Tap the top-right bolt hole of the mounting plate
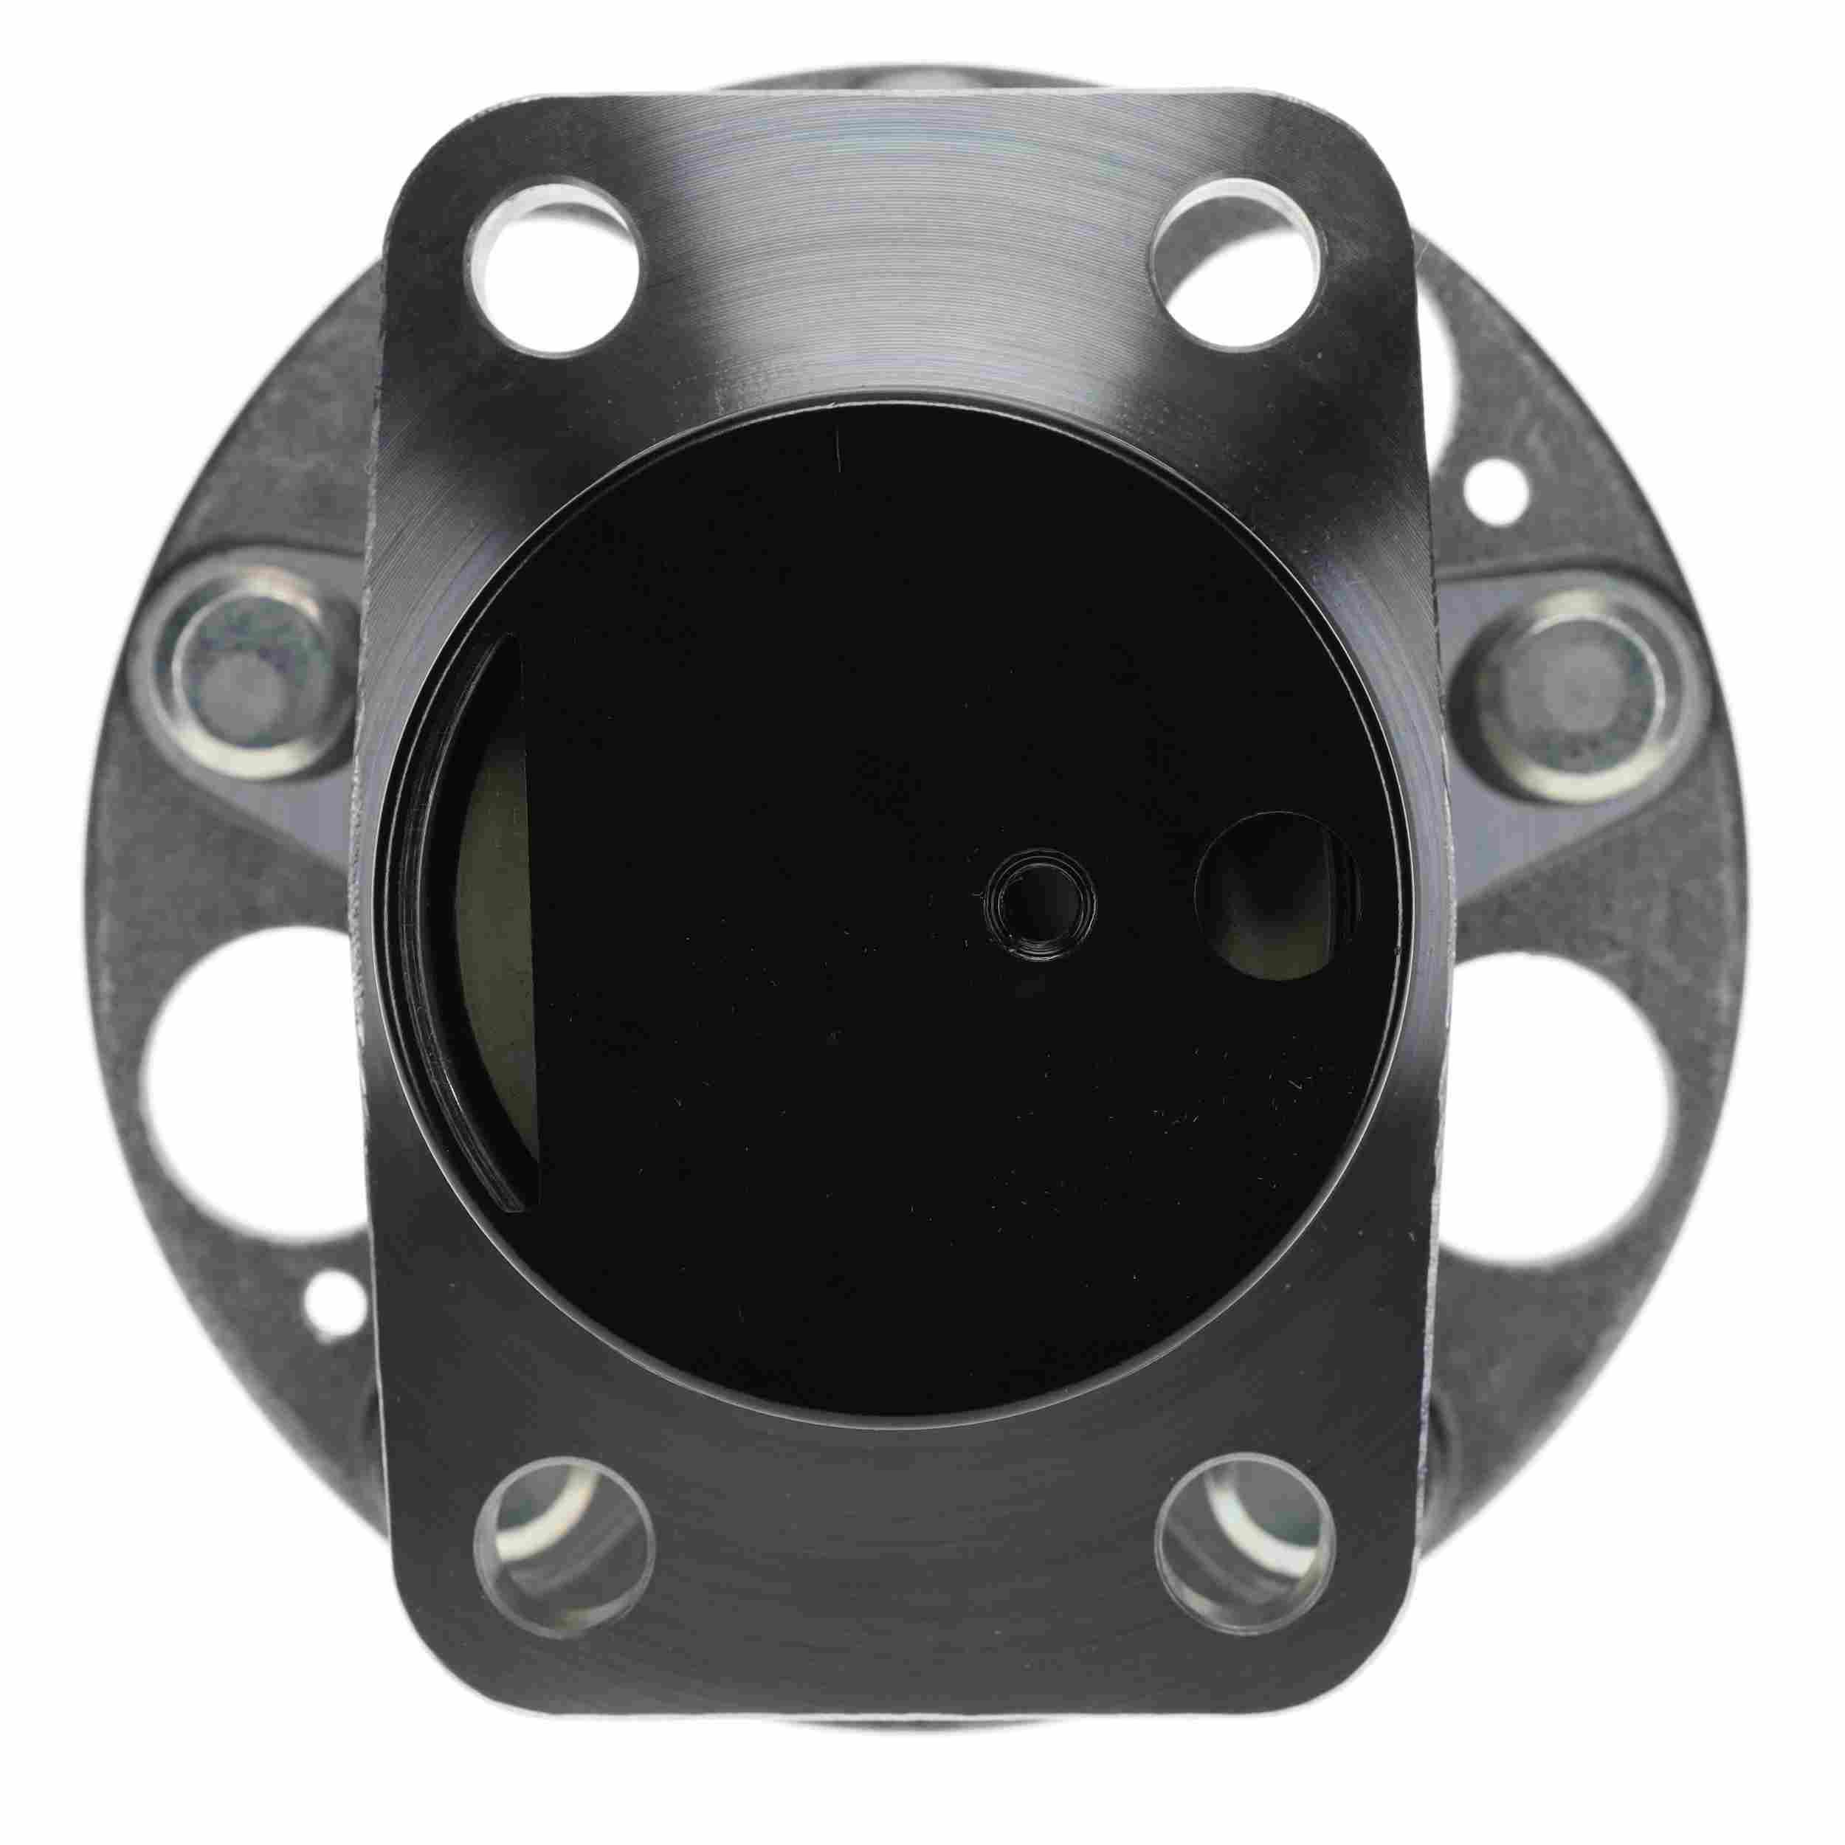(1241, 256)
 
